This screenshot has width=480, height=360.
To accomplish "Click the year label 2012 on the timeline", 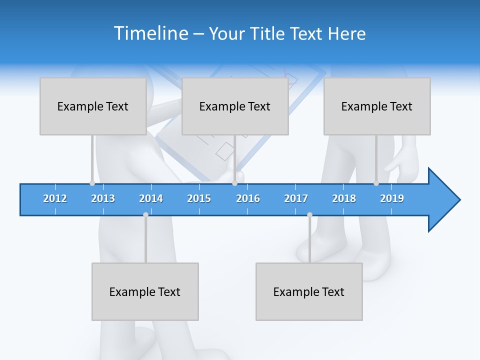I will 55,198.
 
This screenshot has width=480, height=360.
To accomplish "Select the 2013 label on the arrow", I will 103,198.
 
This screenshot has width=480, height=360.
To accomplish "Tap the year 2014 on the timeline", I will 151,198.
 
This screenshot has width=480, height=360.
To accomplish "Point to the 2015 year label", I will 199,198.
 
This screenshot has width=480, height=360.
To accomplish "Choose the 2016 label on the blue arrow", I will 248,198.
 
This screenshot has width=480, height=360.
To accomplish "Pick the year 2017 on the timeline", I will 296,198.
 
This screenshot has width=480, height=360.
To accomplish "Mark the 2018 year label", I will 344,198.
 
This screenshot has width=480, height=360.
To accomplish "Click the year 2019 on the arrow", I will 392,198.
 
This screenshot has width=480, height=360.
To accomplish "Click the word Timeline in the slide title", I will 151,33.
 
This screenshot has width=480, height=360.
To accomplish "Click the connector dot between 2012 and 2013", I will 92,183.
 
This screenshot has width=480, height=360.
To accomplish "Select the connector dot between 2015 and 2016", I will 234,183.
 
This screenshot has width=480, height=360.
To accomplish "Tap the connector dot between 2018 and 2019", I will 376,183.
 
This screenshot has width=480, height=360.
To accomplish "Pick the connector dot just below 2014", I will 145,214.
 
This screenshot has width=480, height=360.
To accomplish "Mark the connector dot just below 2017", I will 309,214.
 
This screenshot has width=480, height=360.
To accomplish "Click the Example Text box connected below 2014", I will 145,291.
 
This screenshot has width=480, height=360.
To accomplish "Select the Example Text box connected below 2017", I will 309,291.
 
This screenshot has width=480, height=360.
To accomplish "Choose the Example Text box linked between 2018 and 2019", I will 377,106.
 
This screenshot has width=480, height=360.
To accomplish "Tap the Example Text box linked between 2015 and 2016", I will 235,106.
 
